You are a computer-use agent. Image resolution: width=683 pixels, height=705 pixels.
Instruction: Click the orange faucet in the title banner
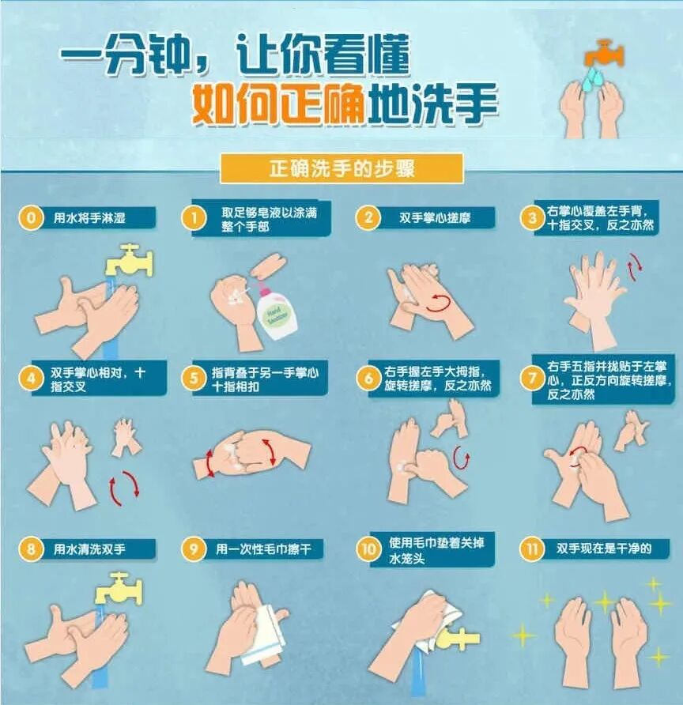coord(605,53)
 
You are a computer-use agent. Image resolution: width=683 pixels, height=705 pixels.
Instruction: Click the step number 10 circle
coord(368,549)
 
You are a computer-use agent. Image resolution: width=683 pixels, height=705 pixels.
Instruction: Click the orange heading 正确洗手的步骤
coord(341,168)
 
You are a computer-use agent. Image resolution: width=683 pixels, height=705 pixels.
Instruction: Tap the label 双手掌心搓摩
coord(435,217)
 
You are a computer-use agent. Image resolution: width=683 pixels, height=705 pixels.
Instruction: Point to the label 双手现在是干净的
coord(603,549)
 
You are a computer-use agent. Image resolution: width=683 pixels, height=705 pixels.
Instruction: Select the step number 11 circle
coord(530,549)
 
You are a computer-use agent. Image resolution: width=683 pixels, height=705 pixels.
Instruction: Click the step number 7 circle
coord(530,378)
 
